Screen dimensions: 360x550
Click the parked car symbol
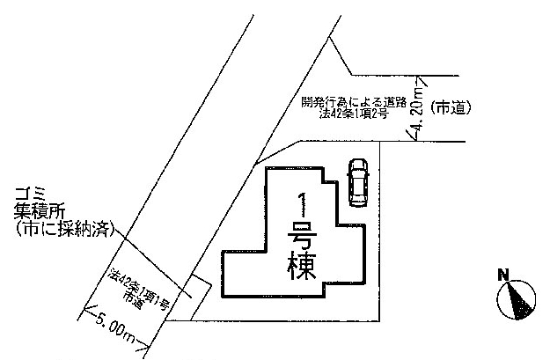[357, 182]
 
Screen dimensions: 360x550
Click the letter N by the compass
[502, 276]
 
